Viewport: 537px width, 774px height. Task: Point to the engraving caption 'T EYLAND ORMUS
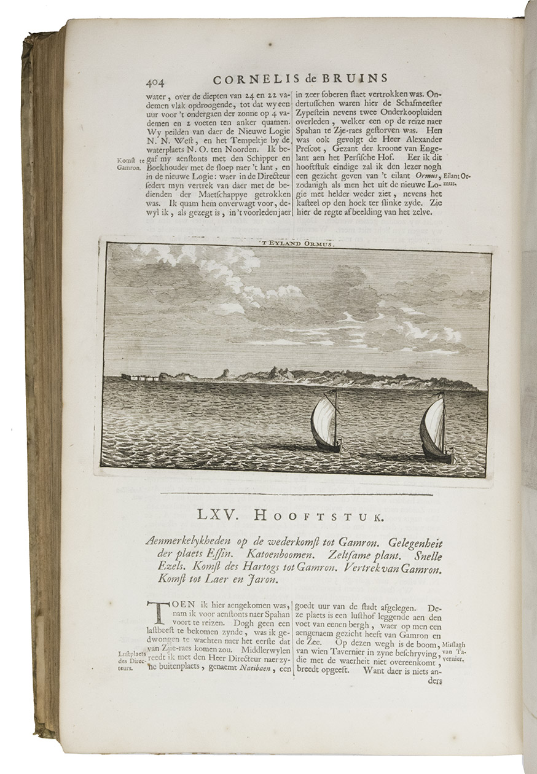point(299,243)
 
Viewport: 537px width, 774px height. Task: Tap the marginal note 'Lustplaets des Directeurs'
point(129,662)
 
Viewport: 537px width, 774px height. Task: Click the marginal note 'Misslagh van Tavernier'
point(459,652)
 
